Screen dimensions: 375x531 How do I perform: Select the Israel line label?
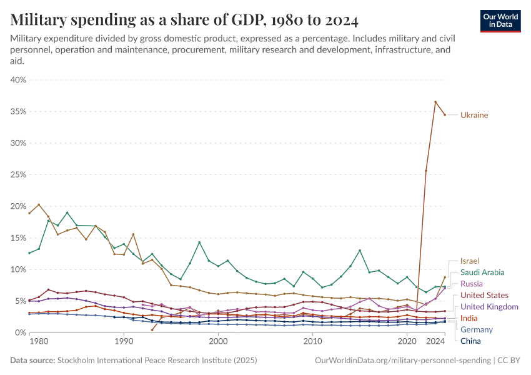(x=470, y=261)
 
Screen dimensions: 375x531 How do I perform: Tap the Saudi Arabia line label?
(x=482, y=272)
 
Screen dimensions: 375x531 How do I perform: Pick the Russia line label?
(x=472, y=284)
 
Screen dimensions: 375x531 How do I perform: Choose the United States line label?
(x=484, y=295)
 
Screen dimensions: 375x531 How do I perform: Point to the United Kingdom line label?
(x=489, y=307)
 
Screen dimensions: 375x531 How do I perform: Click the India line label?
(x=469, y=318)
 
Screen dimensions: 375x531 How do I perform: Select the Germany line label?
(x=476, y=329)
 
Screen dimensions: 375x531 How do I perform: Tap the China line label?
(x=470, y=341)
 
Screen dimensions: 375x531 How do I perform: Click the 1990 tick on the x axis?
(x=124, y=342)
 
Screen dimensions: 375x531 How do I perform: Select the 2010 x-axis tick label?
(x=312, y=342)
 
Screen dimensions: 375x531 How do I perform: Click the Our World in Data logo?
(x=501, y=21)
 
